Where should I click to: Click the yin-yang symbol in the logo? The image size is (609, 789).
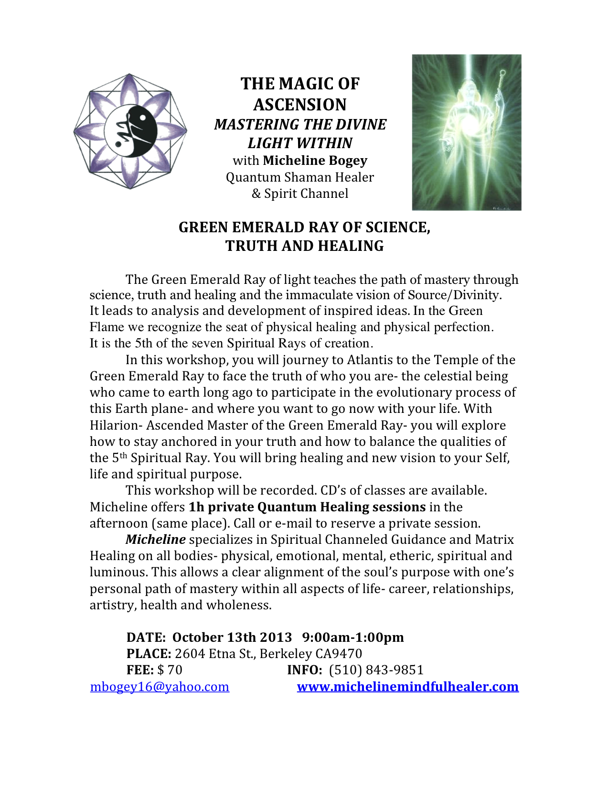130,130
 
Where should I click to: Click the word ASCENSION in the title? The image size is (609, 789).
300,105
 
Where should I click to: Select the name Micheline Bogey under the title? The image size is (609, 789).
315,161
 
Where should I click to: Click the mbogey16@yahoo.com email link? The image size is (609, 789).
160,687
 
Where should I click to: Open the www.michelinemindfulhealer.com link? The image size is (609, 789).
407,687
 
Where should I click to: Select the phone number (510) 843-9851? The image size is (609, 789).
376,670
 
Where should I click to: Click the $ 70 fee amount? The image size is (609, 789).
170,670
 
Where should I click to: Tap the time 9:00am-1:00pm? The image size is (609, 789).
353,638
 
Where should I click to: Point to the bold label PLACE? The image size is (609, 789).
149,654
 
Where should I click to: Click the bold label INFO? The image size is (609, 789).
305,670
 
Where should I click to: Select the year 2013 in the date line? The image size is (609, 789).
276,638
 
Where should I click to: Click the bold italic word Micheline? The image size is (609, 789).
155,540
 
